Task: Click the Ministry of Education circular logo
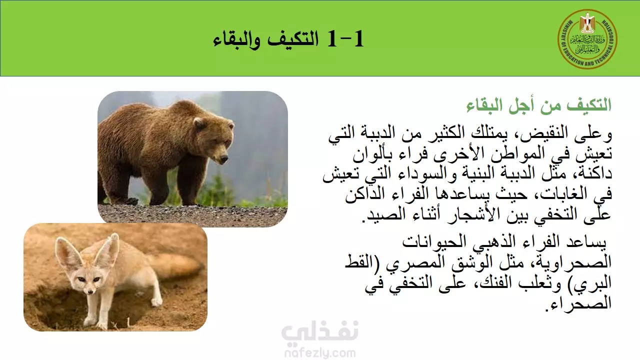click(587, 39)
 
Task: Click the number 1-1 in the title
click(346, 39)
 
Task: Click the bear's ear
click(199, 123)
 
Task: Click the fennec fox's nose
click(91, 292)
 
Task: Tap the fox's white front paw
click(156, 301)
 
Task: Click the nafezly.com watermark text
click(320, 353)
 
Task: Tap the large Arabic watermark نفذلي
click(319, 331)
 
